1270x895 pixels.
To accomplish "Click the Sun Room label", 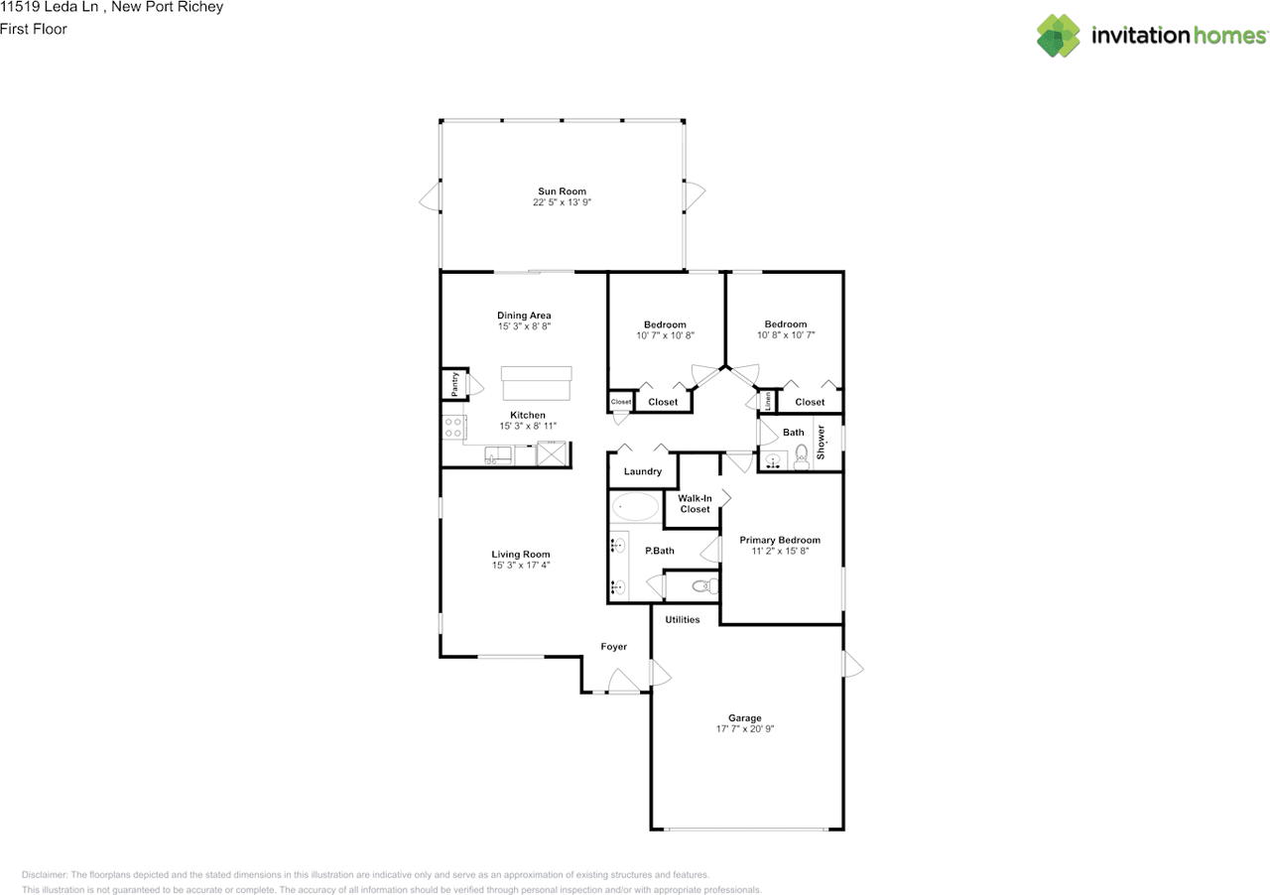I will [x=562, y=192].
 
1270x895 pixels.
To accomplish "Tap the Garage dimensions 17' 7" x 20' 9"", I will [x=744, y=728].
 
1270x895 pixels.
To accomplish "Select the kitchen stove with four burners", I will [x=453, y=428].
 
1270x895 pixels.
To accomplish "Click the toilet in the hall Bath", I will [x=802, y=458].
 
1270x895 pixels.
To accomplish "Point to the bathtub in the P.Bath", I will [x=634, y=508].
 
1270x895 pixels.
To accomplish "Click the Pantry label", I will [x=454, y=384].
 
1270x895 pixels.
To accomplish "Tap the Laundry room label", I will [x=643, y=471].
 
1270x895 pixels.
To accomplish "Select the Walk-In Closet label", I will [x=695, y=503].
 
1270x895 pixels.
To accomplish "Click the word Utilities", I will [x=683, y=619].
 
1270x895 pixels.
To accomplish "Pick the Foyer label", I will [x=614, y=647].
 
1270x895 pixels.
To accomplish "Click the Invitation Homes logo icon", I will [x=1059, y=36].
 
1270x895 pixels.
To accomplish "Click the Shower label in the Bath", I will [x=822, y=443].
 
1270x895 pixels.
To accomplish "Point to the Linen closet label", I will [x=768, y=402].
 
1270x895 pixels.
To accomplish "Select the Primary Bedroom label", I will [x=780, y=540].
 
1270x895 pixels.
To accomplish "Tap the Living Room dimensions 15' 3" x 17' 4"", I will [x=521, y=566].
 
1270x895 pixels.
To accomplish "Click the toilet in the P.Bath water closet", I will [x=703, y=586].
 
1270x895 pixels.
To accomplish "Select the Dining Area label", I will [x=524, y=316].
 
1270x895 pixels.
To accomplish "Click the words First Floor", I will [x=34, y=29].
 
